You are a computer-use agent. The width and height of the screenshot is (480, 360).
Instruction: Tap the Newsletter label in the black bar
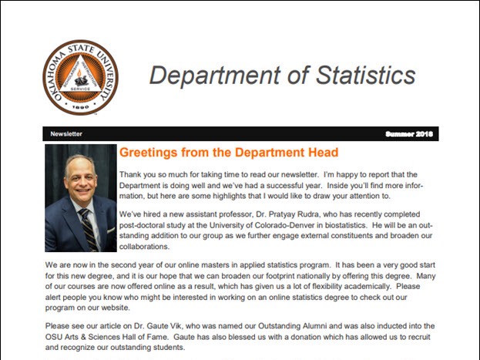(66, 133)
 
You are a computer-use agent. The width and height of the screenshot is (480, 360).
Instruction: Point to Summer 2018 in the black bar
(408, 133)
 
